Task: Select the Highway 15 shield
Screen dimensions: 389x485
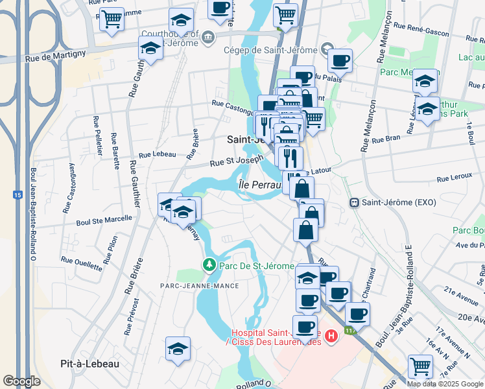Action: coord(18,194)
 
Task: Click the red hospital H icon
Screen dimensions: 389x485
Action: coord(331,335)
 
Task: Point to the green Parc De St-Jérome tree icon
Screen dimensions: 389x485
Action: coord(209,265)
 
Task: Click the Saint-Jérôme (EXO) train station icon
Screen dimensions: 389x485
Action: coord(354,202)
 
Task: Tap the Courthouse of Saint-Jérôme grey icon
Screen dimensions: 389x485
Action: coord(209,36)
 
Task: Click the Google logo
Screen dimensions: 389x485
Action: coord(22,381)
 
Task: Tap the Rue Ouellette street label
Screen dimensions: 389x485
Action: coord(82,263)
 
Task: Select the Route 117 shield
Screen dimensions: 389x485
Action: coord(351,331)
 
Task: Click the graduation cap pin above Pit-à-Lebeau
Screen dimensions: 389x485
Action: coord(178,349)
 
